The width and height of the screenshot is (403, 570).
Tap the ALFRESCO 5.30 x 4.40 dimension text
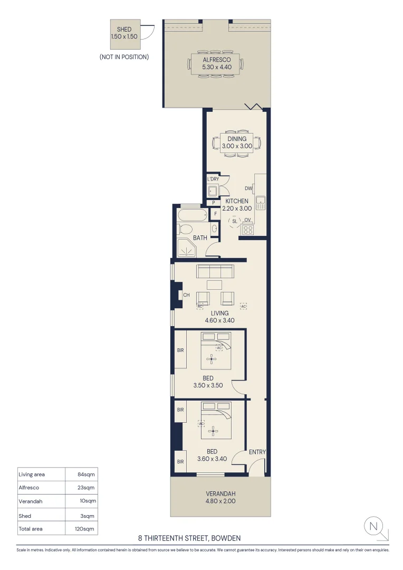point(217,68)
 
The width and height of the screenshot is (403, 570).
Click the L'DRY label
point(213,179)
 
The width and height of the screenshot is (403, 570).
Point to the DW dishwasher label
point(248,188)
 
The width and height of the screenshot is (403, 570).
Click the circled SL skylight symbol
point(235,221)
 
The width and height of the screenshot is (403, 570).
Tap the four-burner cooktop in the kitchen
point(247,230)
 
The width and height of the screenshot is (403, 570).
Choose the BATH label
point(200,238)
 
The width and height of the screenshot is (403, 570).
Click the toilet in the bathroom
point(186,230)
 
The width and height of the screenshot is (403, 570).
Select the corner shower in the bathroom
point(185,247)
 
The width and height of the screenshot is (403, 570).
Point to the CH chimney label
point(186,296)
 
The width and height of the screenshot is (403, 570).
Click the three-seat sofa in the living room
point(215,271)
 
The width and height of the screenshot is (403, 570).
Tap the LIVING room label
point(219,313)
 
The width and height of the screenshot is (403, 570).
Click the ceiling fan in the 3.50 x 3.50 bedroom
point(212,359)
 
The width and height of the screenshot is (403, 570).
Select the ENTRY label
point(257,452)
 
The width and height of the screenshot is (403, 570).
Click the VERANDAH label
point(220,494)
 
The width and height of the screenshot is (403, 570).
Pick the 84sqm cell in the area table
point(87,474)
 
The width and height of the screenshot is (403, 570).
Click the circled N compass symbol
point(373,526)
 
